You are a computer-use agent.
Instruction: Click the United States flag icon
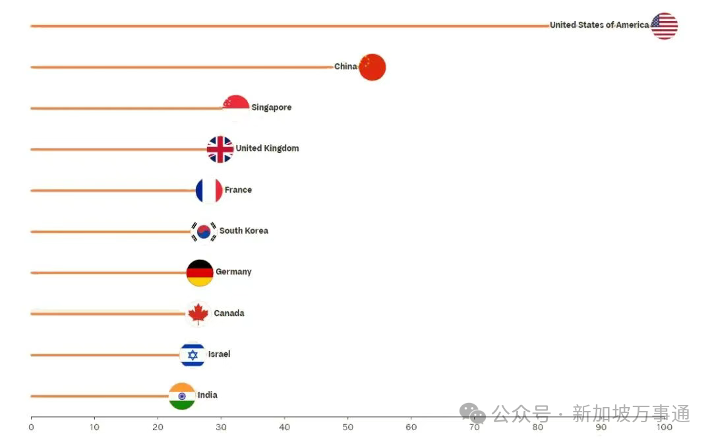coord(664,26)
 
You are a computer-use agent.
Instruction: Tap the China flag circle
coord(372,67)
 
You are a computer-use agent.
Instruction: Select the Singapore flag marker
coord(236,108)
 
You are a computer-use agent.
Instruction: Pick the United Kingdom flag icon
coord(220,149)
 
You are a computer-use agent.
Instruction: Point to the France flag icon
coord(209,190)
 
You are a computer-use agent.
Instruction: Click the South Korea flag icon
coord(204,231)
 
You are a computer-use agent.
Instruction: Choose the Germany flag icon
coord(200,272)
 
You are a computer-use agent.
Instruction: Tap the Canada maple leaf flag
coord(198,313)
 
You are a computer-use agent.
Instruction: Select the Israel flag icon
coord(193,355)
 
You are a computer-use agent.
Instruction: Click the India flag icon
coord(182,396)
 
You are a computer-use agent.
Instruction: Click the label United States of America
coord(599,25)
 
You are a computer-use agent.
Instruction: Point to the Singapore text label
coord(271,108)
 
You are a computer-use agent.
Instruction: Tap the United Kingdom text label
coord(267,148)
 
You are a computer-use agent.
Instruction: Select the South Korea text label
coord(243,231)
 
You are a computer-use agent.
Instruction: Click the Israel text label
coord(219,354)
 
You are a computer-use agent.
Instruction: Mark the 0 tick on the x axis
coord(31,427)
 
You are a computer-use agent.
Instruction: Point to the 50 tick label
coord(348,427)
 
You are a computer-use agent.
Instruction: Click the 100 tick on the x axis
coord(664,427)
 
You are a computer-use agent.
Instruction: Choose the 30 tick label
coord(221,427)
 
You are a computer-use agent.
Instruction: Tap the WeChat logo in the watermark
coord(473,414)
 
